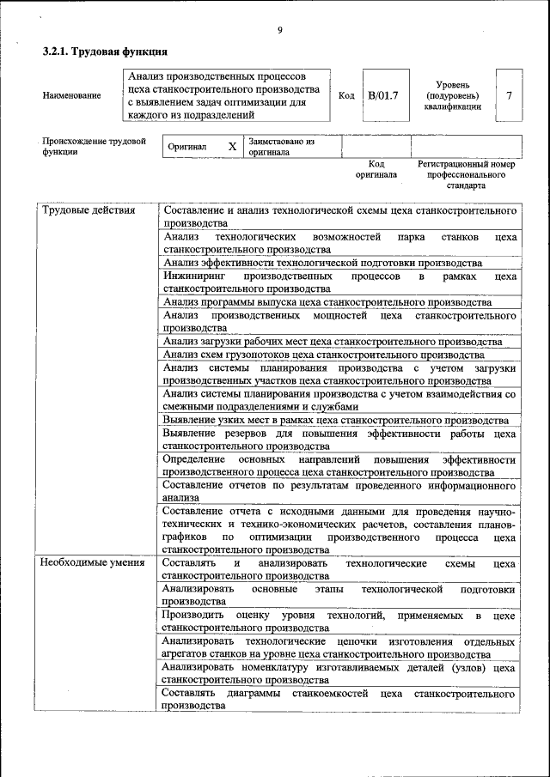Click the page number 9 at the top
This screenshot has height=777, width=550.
pos(279,31)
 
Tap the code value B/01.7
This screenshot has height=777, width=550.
pos(383,95)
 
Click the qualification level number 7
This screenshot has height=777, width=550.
pos(510,95)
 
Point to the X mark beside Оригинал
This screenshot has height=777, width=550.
pos(232,147)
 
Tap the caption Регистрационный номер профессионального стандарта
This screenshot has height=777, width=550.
pos(466,174)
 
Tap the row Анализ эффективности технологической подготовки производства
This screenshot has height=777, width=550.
pos(321,263)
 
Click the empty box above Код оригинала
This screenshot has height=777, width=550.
pos(376,147)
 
